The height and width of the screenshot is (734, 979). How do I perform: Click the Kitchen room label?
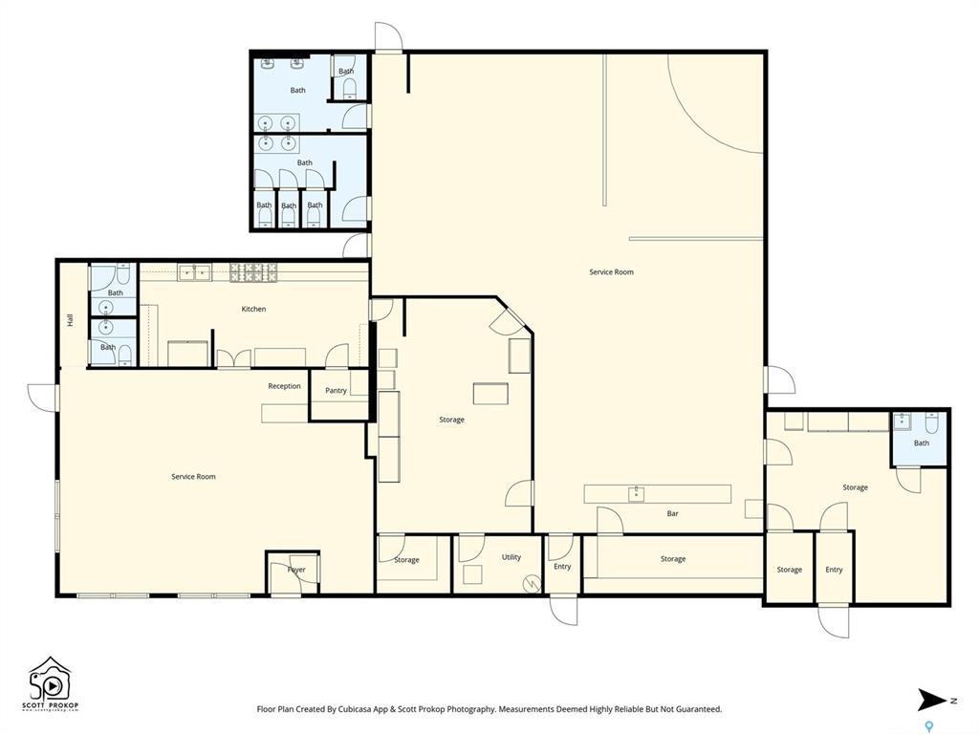(253, 309)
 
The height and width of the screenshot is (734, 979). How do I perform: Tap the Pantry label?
(336, 391)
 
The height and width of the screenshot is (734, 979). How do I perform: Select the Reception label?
(284, 386)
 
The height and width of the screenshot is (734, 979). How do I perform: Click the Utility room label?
(511, 557)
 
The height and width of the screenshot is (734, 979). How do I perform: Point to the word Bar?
(672, 513)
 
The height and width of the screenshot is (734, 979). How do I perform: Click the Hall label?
(70, 319)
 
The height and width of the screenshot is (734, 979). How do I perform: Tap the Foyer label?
(296, 570)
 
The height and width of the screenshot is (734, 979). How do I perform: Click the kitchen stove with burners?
(253, 272)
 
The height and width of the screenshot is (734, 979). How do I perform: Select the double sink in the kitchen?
(194, 272)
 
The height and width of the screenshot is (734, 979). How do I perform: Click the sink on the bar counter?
(636, 494)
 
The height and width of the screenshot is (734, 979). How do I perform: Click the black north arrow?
(932, 700)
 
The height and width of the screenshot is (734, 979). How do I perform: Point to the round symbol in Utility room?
(532, 584)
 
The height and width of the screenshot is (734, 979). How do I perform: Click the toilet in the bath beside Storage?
(931, 423)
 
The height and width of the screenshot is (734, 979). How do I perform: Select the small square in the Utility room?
(472, 574)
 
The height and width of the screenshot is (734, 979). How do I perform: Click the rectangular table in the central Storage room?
(490, 394)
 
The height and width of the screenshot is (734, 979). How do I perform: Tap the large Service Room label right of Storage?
(611, 272)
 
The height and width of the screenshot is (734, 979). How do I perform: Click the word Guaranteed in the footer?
(699, 709)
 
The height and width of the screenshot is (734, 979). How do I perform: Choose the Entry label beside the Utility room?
(562, 567)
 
